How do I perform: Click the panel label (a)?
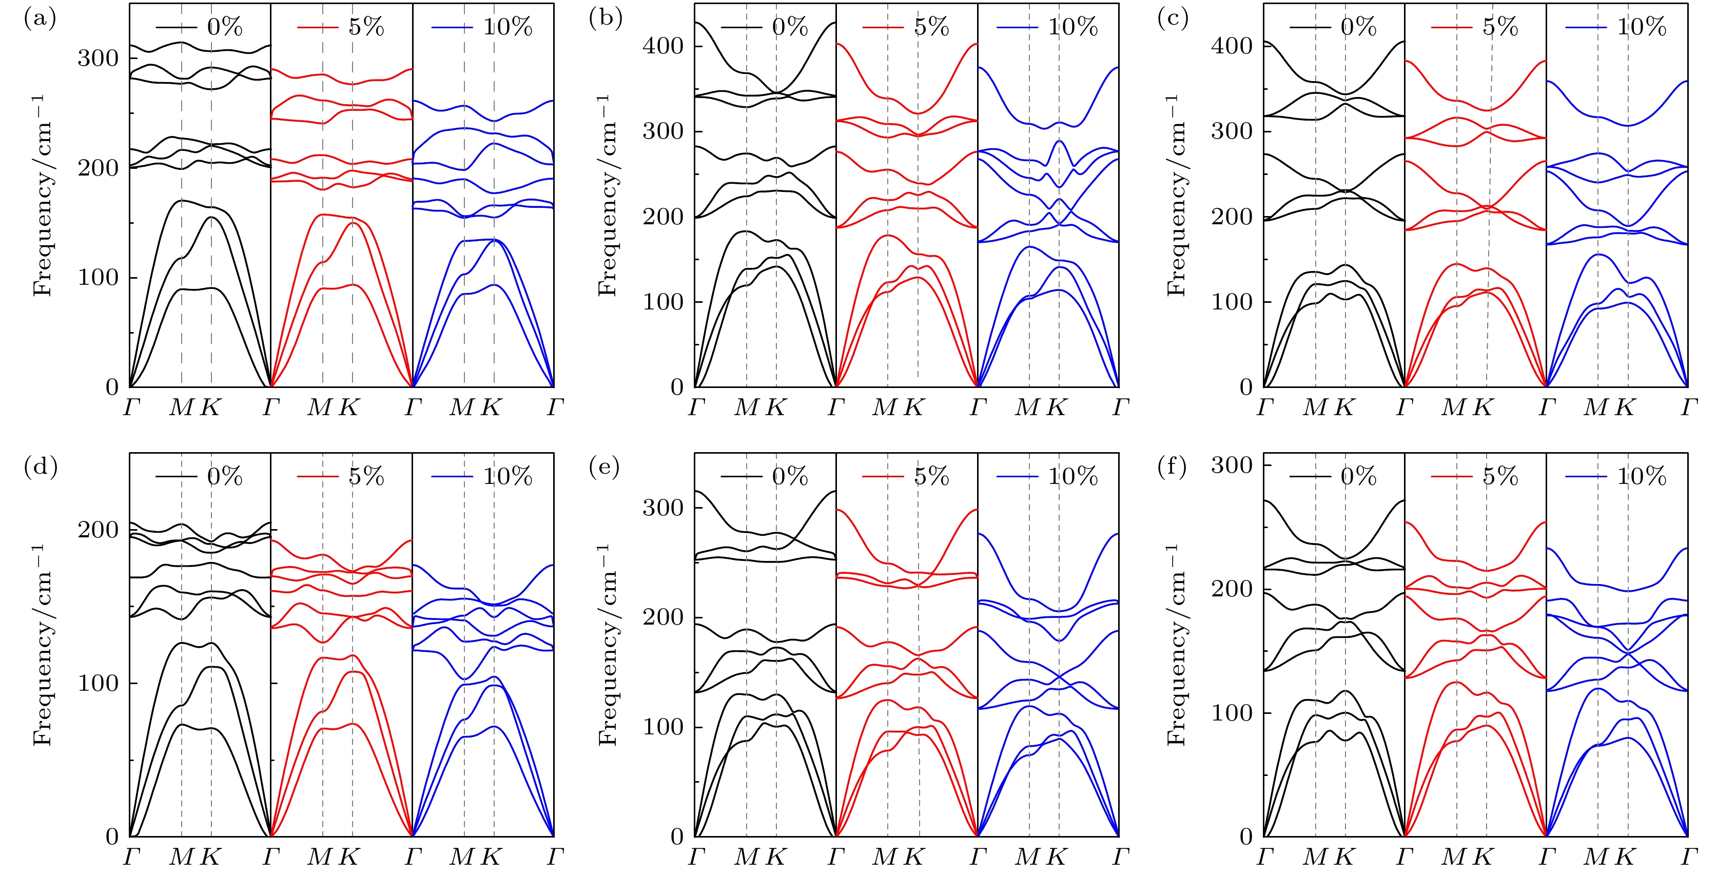(40, 18)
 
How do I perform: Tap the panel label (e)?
(604, 468)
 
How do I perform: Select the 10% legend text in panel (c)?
(1642, 27)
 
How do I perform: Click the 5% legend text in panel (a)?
(366, 27)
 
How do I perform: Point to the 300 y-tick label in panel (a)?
(97, 58)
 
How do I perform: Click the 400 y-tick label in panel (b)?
(662, 46)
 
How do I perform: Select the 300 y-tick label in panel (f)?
(1232, 464)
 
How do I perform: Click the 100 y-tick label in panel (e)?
(662, 727)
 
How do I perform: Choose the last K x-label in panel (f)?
(1626, 857)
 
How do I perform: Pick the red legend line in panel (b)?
(883, 27)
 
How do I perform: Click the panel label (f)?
(1173, 468)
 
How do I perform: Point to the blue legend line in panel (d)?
(452, 477)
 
